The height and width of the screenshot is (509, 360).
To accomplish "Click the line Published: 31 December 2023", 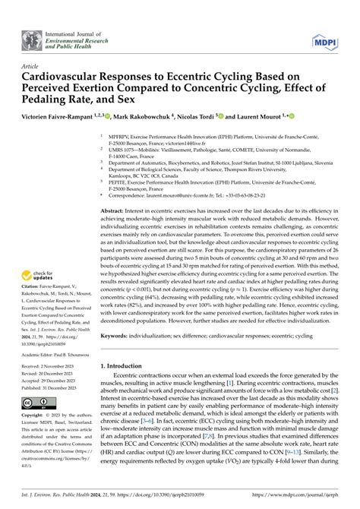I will tap(55, 387).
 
